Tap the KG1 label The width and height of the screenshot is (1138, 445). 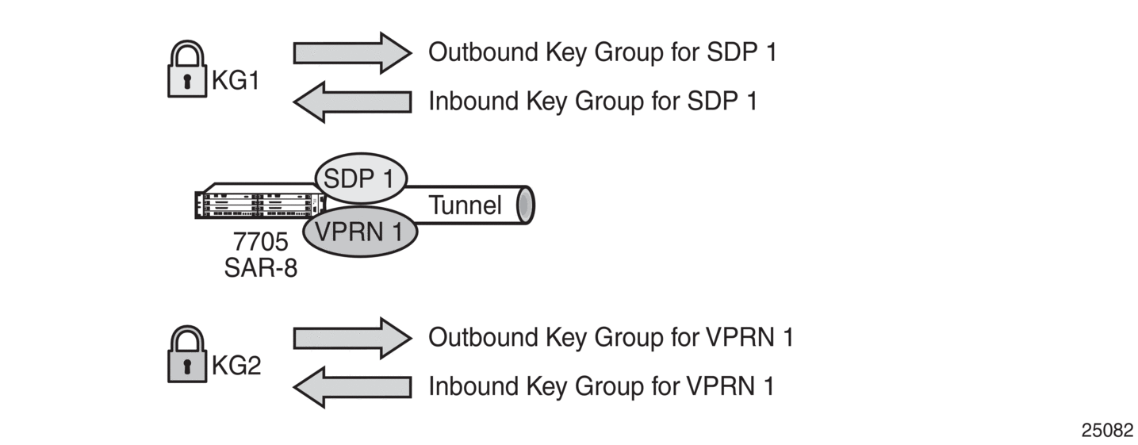(x=236, y=80)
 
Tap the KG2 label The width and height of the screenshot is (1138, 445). (x=236, y=365)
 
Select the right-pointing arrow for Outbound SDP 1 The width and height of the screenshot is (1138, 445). (x=353, y=53)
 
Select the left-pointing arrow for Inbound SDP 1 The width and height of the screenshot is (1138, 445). (x=353, y=102)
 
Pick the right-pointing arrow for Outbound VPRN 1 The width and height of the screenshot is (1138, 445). (x=353, y=339)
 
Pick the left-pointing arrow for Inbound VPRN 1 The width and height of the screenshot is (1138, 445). (x=353, y=387)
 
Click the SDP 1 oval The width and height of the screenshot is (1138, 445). (x=361, y=178)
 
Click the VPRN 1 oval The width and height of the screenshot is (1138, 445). (x=360, y=232)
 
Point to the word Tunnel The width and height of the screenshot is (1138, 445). (x=465, y=205)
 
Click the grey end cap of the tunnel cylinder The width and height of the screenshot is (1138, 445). (x=526, y=205)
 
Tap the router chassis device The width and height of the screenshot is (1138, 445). (x=260, y=201)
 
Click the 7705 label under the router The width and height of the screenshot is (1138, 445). (x=261, y=242)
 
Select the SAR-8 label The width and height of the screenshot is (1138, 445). (x=261, y=267)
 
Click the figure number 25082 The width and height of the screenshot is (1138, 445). (x=1107, y=430)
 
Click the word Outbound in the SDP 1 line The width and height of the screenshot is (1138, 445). (x=483, y=52)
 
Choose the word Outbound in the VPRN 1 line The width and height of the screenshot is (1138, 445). (x=483, y=337)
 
